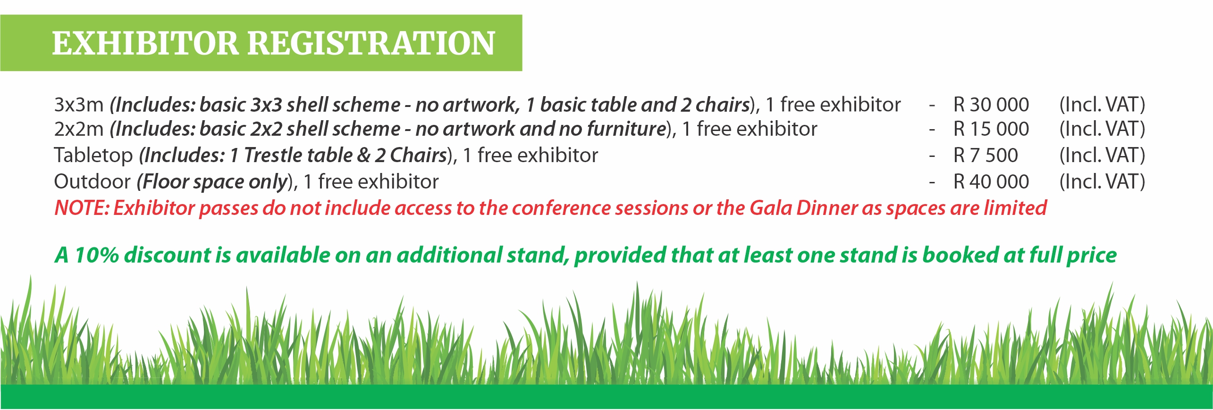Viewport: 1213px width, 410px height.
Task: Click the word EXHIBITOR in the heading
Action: (145, 43)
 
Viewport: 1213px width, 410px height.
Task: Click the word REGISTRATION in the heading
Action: (371, 43)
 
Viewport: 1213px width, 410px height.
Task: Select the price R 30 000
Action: (991, 105)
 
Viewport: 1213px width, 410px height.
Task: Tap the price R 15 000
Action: (991, 129)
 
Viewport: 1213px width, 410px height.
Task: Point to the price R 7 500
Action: (986, 156)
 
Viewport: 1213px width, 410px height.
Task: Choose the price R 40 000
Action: (991, 182)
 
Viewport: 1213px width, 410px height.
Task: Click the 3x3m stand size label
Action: (79, 105)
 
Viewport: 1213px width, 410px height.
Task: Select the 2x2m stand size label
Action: (79, 129)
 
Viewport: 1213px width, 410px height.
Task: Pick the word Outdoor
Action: (93, 182)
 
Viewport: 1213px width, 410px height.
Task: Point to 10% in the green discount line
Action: (97, 255)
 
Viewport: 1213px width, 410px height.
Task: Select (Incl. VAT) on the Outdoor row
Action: (1102, 182)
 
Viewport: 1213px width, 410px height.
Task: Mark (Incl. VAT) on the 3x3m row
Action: (1102, 105)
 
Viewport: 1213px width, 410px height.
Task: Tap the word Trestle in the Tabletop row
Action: (272, 156)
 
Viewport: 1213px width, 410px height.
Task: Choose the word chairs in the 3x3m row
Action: (723, 105)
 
